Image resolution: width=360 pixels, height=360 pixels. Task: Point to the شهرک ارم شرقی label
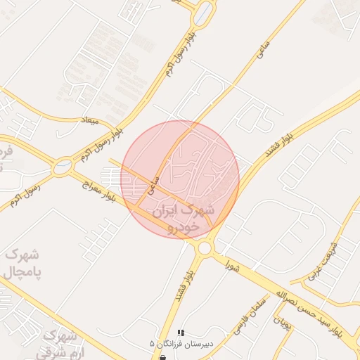point(59,345)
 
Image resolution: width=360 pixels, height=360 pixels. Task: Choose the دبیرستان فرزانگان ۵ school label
point(180,343)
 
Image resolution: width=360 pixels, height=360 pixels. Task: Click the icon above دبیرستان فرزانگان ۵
point(181,333)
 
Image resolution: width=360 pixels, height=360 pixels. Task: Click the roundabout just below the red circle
point(205,247)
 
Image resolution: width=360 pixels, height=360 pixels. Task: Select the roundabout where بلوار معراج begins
point(62,167)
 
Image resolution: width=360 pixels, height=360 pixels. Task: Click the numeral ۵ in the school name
point(153,343)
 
